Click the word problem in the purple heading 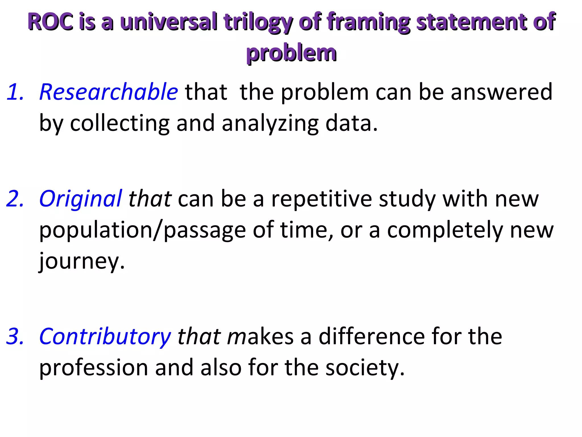291,53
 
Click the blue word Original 81,199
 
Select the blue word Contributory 105,337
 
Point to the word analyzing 270,124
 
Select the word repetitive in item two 321,199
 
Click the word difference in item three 372,337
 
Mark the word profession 93,368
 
